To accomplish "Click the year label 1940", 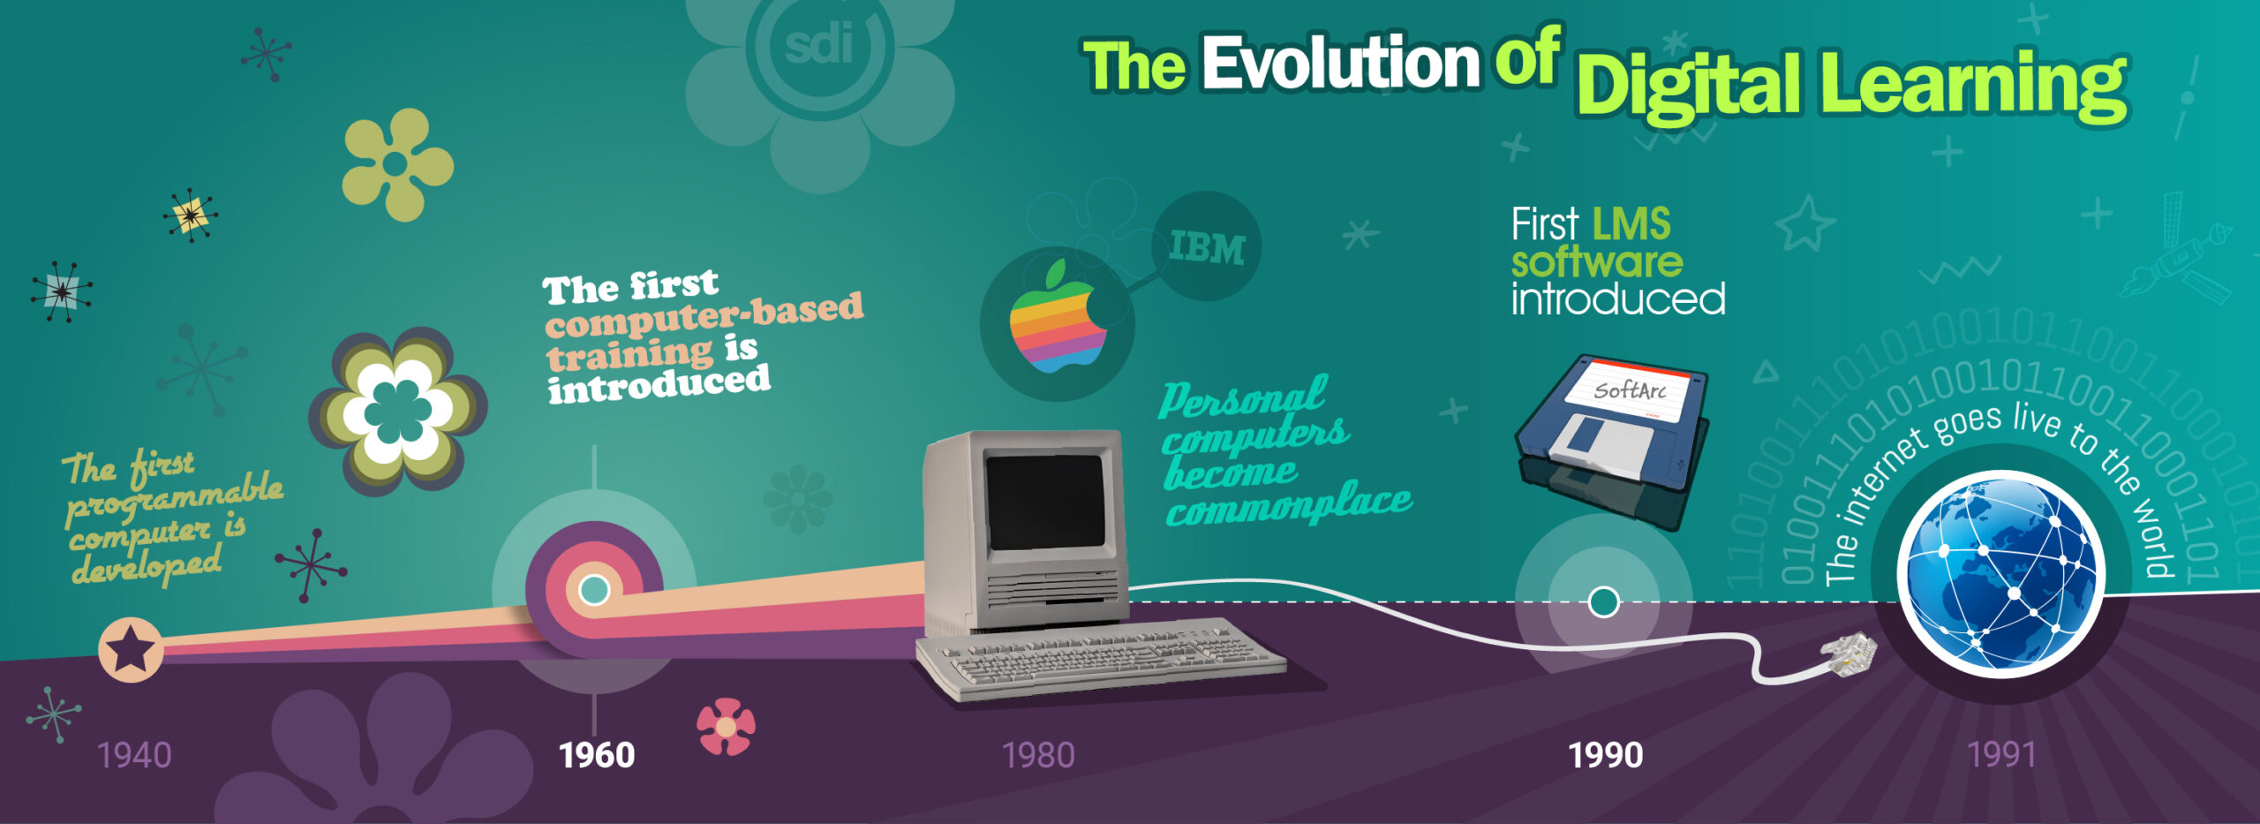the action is tap(134, 755).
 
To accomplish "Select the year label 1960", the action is tap(597, 755).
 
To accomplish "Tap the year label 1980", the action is tap(1038, 755).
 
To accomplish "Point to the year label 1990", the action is tap(1605, 755).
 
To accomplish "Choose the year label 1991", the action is tap(2001, 755).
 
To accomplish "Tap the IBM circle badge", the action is tap(1207, 246).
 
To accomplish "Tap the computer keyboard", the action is tap(1100, 658).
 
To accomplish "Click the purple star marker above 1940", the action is tap(131, 649).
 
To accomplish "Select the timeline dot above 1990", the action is tap(1603, 602).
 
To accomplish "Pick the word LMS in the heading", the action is tap(1631, 224).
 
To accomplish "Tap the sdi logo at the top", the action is tap(819, 44).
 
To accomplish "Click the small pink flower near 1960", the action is tap(726, 727).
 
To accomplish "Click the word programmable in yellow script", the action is tap(175, 499).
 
